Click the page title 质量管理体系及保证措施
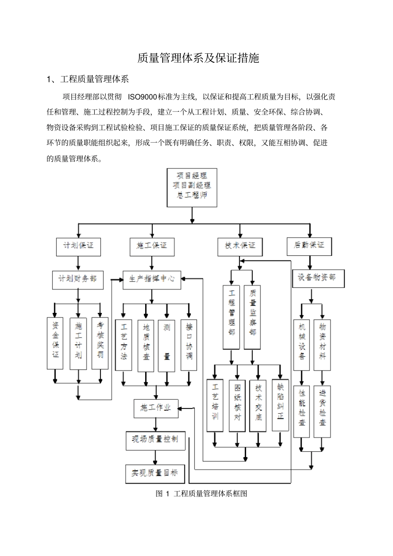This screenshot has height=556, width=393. [x=198, y=58]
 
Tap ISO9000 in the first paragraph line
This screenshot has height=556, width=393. [x=142, y=97]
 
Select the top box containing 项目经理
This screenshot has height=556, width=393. [x=192, y=187]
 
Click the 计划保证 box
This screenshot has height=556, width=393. [x=78, y=246]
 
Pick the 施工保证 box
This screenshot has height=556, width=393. [x=151, y=246]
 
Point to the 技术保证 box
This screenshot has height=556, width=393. [x=240, y=246]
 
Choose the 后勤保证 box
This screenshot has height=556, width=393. [x=309, y=245]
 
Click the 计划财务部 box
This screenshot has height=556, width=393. [x=78, y=279]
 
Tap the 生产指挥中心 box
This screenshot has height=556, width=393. [x=152, y=279]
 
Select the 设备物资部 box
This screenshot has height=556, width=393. [x=318, y=277]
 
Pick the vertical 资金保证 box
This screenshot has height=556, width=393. [x=55, y=343]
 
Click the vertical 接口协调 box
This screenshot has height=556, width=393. [x=189, y=345]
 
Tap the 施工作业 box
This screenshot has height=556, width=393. [x=156, y=408]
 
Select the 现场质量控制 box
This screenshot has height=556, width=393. [x=156, y=441]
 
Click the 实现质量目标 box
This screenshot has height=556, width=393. [x=155, y=474]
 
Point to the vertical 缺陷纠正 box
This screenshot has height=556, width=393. [x=280, y=405]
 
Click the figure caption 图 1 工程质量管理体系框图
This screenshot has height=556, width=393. [x=201, y=494]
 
